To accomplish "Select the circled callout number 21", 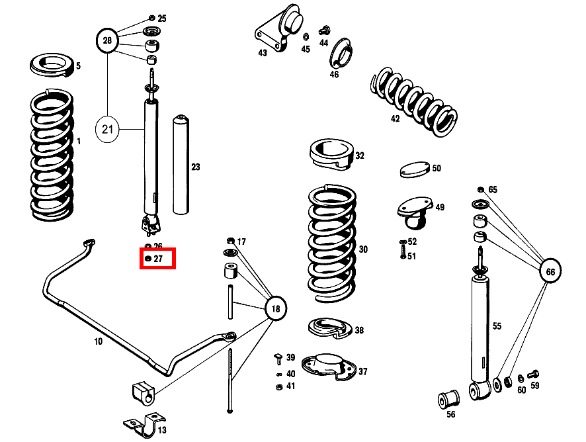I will click(108, 128).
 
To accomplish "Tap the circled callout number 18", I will click(276, 308).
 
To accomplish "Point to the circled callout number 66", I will click(550, 271).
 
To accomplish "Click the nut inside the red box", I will click(148, 259).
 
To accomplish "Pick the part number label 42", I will click(395, 119).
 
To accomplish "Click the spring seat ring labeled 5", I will click(53, 66).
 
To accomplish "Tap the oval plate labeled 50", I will click(414, 169).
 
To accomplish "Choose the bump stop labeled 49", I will click(415, 210).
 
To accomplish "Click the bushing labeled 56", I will click(449, 399).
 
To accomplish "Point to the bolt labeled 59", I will click(534, 375).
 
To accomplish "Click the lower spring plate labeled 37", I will click(327, 367).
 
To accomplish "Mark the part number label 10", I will click(98, 342).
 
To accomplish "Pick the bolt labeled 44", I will click(324, 30).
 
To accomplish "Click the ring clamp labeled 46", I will click(340, 53).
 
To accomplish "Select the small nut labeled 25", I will click(151, 18).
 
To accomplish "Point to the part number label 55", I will click(497, 326).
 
